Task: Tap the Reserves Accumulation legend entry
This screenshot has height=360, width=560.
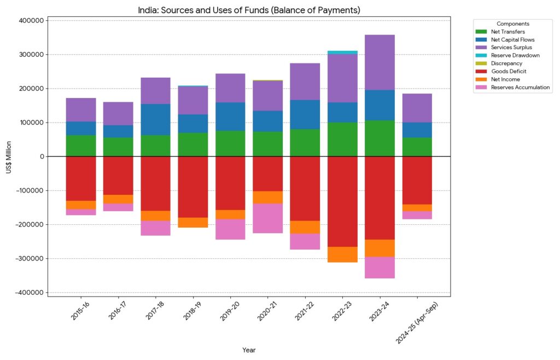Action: click(514, 87)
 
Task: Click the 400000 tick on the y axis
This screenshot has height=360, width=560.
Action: click(31, 21)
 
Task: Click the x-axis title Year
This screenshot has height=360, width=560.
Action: click(249, 350)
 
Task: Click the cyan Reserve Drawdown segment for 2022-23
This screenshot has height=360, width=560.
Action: click(342, 53)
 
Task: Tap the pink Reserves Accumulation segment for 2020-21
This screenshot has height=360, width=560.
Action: click(268, 218)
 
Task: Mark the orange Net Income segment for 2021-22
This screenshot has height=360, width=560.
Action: click(305, 227)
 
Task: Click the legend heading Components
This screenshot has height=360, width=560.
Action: click(512, 24)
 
